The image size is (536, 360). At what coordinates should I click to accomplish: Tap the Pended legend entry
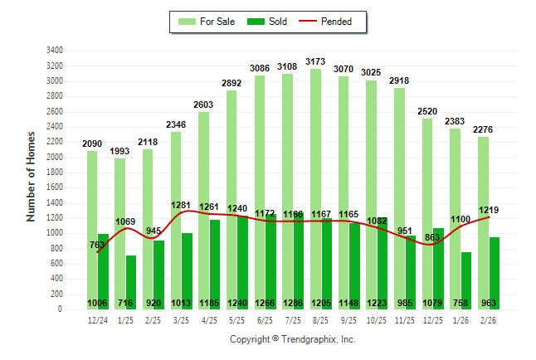331,22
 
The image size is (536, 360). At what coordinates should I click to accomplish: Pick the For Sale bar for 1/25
120,232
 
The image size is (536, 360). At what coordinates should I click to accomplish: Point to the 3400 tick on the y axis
56,50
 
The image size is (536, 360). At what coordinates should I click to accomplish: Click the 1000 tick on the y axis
56,233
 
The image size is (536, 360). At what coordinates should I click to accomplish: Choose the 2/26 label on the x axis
489,319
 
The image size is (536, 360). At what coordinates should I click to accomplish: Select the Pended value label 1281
181,204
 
